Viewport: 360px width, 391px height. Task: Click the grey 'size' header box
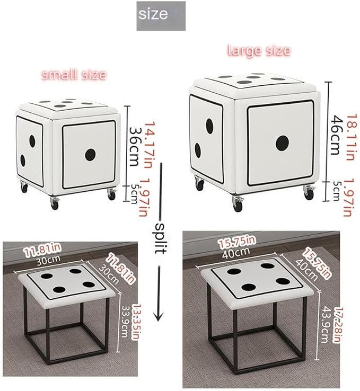(x=161, y=16)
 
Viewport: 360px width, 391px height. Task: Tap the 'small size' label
(x=74, y=75)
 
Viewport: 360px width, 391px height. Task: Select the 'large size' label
(x=259, y=50)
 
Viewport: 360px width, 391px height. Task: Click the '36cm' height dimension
(x=134, y=147)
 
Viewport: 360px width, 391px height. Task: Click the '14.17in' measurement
(x=150, y=145)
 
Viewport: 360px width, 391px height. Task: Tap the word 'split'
(x=161, y=238)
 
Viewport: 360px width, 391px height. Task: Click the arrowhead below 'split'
(x=159, y=316)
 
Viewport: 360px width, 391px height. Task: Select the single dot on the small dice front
(x=90, y=155)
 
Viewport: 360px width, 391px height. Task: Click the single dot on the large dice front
(x=283, y=144)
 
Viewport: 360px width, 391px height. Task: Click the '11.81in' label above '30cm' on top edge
(x=42, y=251)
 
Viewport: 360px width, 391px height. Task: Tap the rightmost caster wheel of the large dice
(x=309, y=193)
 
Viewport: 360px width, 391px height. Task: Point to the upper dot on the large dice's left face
(x=209, y=126)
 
